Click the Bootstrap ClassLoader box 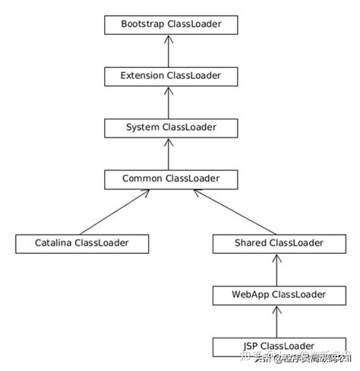171,25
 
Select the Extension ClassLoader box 171,76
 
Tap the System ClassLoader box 171,127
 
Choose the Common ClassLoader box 171,179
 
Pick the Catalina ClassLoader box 82,243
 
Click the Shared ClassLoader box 279,243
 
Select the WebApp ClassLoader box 279,294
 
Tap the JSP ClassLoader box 279,346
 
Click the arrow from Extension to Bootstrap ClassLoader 171,50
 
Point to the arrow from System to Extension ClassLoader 171,102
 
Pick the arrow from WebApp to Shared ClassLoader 279,269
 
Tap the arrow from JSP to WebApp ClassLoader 279,320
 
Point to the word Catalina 55,243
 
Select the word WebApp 252,294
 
